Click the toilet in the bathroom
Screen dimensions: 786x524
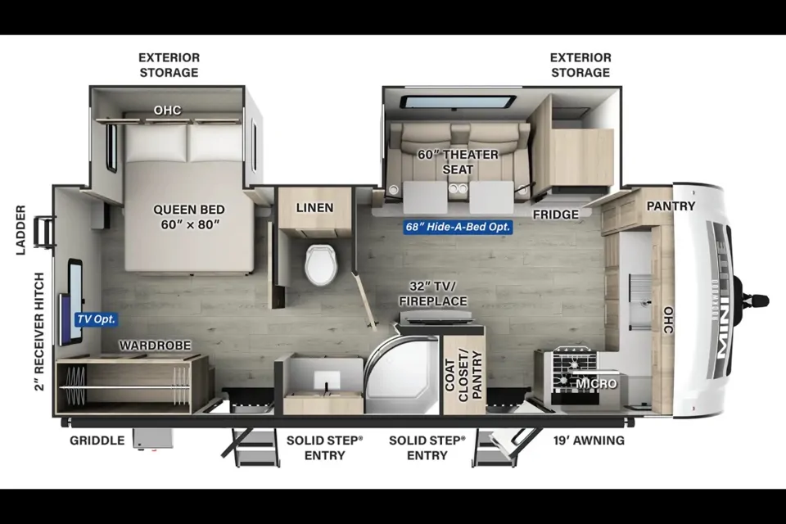click(x=320, y=264)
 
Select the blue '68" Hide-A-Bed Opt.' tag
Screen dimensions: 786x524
click(x=458, y=227)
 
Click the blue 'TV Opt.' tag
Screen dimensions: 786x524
click(x=97, y=319)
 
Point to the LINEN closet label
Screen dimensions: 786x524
click(x=314, y=208)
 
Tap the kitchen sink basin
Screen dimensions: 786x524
click(x=640, y=300)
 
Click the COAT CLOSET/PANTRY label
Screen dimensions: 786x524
click(x=463, y=376)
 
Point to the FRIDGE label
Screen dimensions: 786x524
click(x=555, y=215)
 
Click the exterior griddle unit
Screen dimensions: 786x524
click(x=153, y=439)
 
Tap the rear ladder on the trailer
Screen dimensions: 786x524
click(x=44, y=232)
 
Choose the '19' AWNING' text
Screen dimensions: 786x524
click(x=589, y=440)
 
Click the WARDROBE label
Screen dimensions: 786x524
click(x=155, y=346)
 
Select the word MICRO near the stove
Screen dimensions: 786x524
click(x=596, y=384)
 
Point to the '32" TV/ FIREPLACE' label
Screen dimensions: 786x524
click(x=433, y=293)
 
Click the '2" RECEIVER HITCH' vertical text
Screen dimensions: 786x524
click(x=39, y=332)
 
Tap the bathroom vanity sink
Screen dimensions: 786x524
click(x=327, y=381)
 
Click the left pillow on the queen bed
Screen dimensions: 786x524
click(x=156, y=142)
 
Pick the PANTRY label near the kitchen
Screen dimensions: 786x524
click(x=671, y=206)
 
